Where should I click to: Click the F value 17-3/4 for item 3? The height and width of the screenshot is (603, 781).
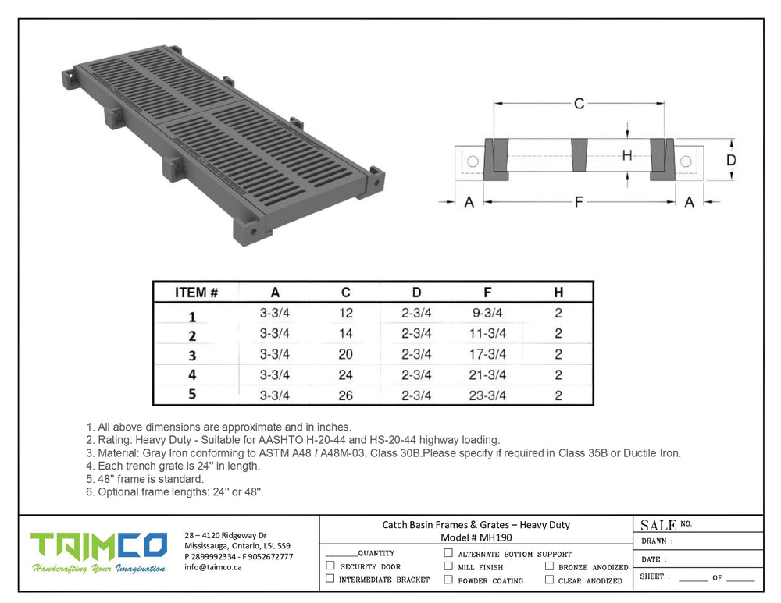coord(487,354)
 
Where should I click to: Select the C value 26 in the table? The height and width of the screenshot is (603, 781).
coord(346,395)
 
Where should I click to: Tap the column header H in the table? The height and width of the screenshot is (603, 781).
coord(558,293)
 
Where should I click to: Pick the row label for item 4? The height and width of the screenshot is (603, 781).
coord(192,374)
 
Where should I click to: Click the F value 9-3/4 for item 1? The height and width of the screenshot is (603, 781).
coord(487,313)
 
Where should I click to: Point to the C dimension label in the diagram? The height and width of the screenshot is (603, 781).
coord(579,104)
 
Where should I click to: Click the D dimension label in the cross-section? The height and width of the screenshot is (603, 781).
coord(731,160)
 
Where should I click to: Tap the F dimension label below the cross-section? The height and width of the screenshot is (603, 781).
coord(579,202)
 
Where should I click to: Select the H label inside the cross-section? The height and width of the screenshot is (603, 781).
coord(627,155)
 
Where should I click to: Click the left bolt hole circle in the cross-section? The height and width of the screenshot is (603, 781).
coord(473,161)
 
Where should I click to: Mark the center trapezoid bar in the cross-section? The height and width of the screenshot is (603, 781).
coord(580,154)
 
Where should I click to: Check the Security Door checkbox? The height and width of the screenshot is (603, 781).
coord(330,566)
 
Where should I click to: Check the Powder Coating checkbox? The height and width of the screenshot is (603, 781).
coord(448,580)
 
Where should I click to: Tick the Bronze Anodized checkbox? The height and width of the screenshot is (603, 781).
coord(549,566)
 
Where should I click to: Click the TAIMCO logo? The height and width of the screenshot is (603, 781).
coord(98,552)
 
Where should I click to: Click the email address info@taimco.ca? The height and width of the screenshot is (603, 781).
coord(213,567)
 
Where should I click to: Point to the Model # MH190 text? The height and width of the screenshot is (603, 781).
coord(476,537)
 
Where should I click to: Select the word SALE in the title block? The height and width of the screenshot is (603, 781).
coord(658,526)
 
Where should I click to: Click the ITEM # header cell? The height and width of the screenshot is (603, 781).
coord(196,293)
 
